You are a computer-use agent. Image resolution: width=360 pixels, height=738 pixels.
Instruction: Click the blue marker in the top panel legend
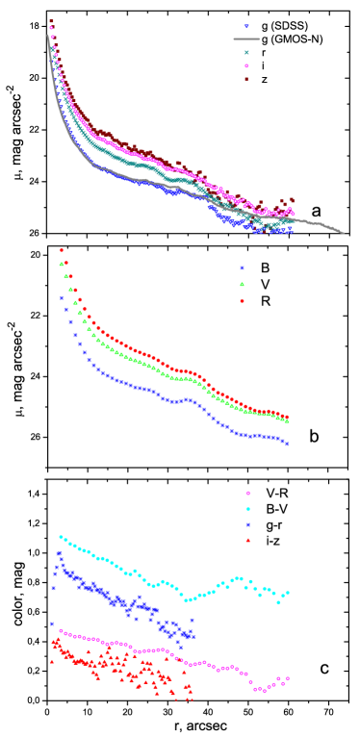coord(246,27)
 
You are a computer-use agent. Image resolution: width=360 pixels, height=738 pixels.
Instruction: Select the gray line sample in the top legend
coord(246,39)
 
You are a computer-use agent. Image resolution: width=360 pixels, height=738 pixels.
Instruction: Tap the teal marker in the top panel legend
coord(246,53)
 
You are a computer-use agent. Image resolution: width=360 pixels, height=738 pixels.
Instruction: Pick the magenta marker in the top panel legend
coord(246,66)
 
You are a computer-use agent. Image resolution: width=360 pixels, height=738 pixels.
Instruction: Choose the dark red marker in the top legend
coord(246,80)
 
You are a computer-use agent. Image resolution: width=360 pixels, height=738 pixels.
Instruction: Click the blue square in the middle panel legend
coord(242,268)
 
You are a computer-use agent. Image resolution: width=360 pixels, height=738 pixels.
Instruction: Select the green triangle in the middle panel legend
coord(242,285)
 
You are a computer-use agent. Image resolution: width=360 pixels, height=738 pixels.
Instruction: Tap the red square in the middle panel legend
coord(242,301)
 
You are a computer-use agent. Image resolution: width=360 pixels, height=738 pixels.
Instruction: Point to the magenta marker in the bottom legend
coord(247,493)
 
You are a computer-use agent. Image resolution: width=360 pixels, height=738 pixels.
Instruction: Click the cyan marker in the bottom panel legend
coord(247,509)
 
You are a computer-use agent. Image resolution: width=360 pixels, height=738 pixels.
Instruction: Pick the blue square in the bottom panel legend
coord(247,524)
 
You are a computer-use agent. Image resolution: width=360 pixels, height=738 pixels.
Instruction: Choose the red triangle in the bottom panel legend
coord(247,541)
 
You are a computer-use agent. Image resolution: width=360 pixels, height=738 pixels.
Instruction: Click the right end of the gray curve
coord(344,233)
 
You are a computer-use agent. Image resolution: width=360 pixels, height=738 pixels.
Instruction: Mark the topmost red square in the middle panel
coord(62,250)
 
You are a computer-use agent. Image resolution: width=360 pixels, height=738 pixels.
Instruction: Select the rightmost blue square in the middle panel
coord(286,444)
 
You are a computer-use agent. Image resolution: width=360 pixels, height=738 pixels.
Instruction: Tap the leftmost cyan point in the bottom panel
coord(61,537)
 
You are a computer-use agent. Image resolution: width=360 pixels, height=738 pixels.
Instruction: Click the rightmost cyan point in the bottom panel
coord(288,592)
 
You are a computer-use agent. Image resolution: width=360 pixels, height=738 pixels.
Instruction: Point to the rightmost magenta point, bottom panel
coord(288,678)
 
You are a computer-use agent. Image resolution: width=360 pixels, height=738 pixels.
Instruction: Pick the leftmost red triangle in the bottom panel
coord(52,661)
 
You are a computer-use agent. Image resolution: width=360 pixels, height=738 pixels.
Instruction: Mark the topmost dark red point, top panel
coord(51,21)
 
